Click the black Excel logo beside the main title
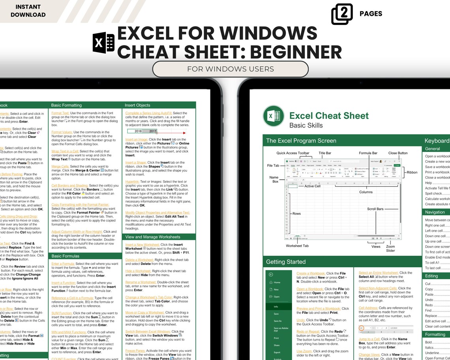click(x=103, y=43)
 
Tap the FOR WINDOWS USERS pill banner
click(x=231, y=69)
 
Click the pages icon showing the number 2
click(x=342, y=14)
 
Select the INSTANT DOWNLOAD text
click(x=28, y=11)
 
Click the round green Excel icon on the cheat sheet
click(x=274, y=116)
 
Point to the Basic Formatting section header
click(x=67, y=105)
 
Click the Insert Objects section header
click(x=137, y=105)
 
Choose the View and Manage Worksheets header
click(x=153, y=237)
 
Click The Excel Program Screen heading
click(x=301, y=141)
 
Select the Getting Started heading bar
click(x=286, y=262)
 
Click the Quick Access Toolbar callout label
click(x=293, y=153)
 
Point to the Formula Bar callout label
click(x=368, y=153)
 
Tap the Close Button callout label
click(x=397, y=153)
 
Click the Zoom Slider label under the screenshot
click(x=390, y=249)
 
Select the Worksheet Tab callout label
click(x=297, y=246)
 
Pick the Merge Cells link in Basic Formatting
click(x=60, y=167)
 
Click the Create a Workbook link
click(x=311, y=273)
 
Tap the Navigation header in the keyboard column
click(x=435, y=212)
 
